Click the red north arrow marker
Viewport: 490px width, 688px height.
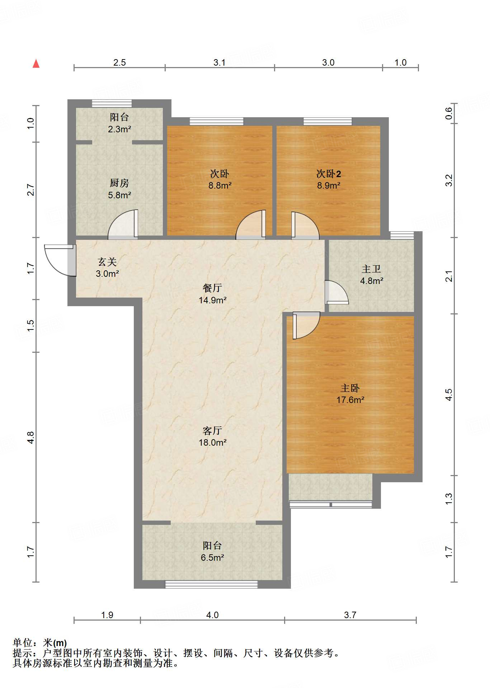pyautogui.click(x=36, y=63)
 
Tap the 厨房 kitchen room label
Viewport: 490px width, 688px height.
pyautogui.click(x=119, y=183)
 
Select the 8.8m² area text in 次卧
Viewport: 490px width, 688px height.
pyautogui.click(x=220, y=186)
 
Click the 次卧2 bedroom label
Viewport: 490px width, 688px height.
pyautogui.click(x=328, y=174)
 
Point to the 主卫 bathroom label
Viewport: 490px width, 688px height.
pyautogui.click(x=371, y=269)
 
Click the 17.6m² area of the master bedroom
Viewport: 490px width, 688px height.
pyautogui.click(x=350, y=400)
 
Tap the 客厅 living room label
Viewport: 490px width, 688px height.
pyautogui.click(x=212, y=431)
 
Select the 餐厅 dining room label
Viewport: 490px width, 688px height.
pyautogui.click(x=212, y=288)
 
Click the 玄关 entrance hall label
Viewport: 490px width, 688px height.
pyautogui.click(x=107, y=262)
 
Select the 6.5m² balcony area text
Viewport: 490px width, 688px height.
pyautogui.click(x=212, y=558)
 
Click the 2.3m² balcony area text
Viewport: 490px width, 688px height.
pyautogui.click(x=119, y=129)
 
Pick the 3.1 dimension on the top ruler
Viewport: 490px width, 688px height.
pyautogui.click(x=220, y=63)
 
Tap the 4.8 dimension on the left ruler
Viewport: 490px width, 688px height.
pyautogui.click(x=31, y=437)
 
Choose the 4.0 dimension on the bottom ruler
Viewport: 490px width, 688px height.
pyautogui.click(x=212, y=615)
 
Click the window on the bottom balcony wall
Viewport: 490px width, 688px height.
pyautogui.click(x=211, y=584)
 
